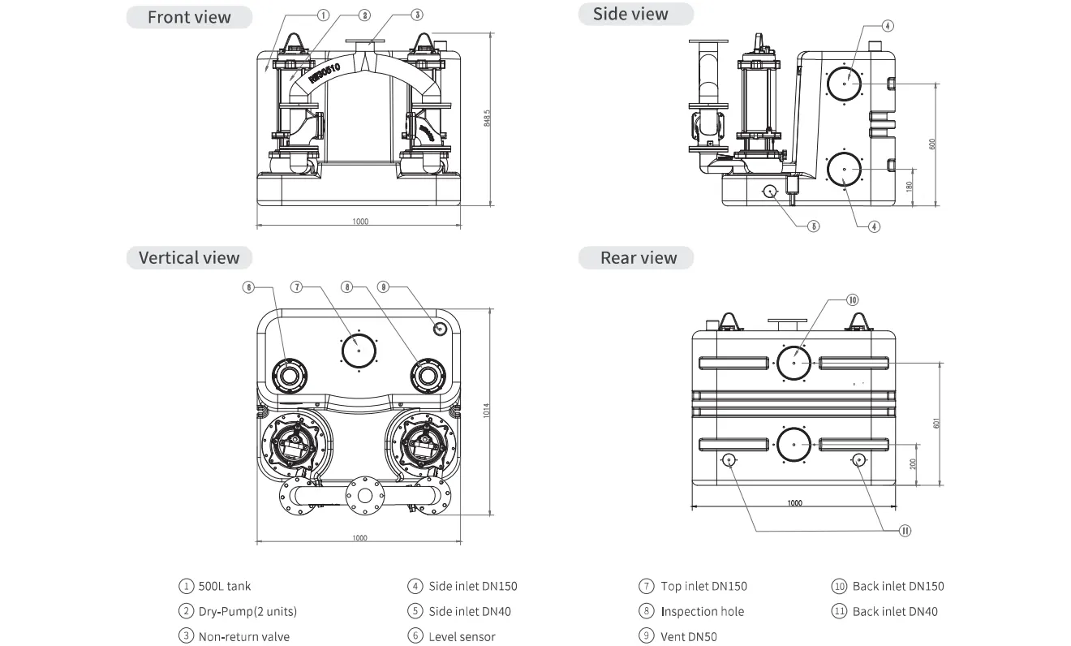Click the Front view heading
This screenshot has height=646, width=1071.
pyautogui.click(x=189, y=17)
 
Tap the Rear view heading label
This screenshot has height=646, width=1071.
pyautogui.click(x=638, y=258)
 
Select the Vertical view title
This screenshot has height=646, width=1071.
pyautogui.click(x=189, y=258)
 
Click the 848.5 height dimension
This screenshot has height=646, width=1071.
pyautogui.click(x=487, y=118)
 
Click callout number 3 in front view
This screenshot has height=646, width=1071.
pyautogui.click(x=416, y=15)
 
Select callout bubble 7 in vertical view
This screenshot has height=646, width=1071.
pyautogui.click(x=297, y=286)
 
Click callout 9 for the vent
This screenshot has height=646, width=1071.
pyautogui.click(x=384, y=286)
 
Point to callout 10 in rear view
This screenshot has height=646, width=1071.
pyautogui.click(x=852, y=299)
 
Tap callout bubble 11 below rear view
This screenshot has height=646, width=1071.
pyautogui.click(x=905, y=531)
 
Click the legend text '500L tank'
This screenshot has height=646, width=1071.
pyautogui.click(x=225, y=586)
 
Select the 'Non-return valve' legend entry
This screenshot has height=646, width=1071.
pyautogui.click(x=243, y=636)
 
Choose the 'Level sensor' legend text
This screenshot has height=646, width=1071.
pyautogui.click(x=462, y=636)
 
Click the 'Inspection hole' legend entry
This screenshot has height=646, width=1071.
pyautogui.click(x=702, y=611)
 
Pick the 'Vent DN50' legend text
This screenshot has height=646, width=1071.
pyautogui.click(x=689, y=636)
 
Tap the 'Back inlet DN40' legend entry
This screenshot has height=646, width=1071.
pyautogui.click(x=895, y=611)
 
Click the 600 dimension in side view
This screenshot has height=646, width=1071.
pyautogui.click(x=932, y=144)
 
